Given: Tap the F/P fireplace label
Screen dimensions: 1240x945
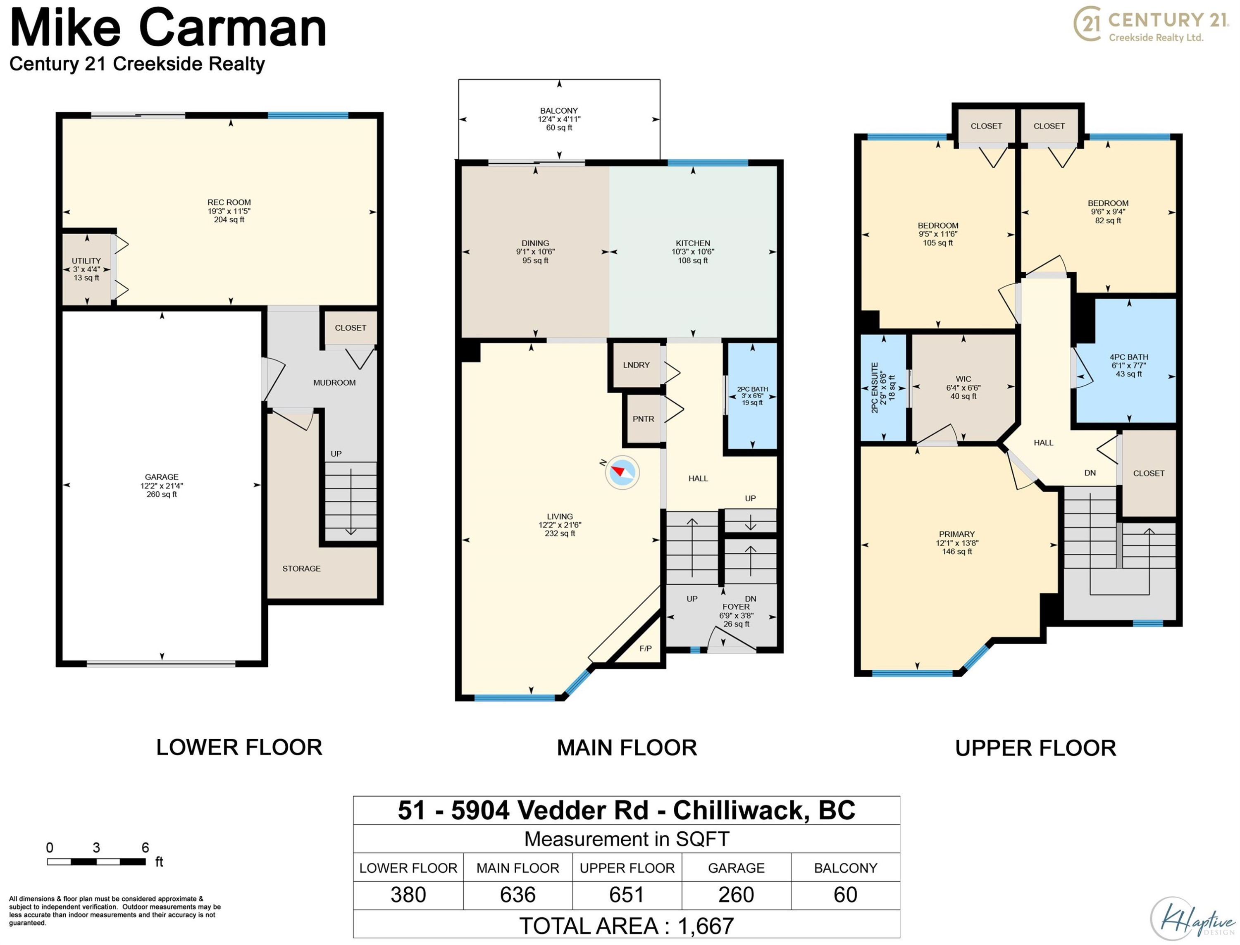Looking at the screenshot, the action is coord(645,649).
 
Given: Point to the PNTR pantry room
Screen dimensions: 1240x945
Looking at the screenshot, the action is coord(643,419).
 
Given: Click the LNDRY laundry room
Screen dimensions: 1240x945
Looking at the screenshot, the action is coord(636,365).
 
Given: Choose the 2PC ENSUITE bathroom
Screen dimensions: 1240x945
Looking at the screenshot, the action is coord(883,388).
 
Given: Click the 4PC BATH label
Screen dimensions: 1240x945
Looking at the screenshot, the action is coord(1128,357).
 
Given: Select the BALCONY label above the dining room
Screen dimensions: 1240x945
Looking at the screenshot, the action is coord(559,111).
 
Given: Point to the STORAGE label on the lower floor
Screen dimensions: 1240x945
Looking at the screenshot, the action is coord(302,569).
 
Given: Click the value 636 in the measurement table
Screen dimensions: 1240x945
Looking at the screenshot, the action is coord(517,895).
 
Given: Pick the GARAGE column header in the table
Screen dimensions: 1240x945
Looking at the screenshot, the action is coord(736,868).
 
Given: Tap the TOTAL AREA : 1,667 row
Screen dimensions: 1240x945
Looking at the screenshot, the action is coord(626,926).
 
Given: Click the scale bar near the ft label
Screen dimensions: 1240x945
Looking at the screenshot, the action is coord(96,862).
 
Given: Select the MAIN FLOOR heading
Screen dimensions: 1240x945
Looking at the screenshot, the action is coord(627,747).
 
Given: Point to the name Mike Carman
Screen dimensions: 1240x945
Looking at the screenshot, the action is coord(168,28).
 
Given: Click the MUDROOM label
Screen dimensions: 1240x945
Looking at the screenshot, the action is coord(334,383).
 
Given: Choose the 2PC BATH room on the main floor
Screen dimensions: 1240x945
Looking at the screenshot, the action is coord(752,396).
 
